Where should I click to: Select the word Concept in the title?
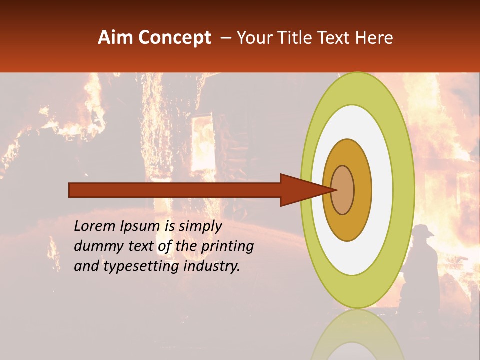[x=174, y=38]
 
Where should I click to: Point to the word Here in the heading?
[x=375, y=38]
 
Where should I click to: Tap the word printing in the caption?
[x=227, y=246]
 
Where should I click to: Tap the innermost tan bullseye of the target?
[x=343, y=190]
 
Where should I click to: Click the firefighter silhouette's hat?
[x=422, y=230]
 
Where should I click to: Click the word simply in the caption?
[x=200, y=226]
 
